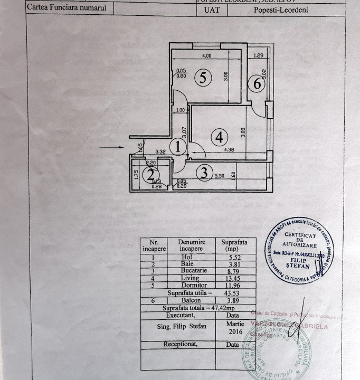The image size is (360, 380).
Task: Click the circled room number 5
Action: pyautogui.click(x=203, y=78)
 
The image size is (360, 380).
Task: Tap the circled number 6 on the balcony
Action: pyautogui.click(x=257, y=83)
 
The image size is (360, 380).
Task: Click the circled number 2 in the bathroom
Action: pyautogui.click(x=151, y=174)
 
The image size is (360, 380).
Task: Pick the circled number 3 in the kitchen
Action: pyautogui.click(x=203, y=172)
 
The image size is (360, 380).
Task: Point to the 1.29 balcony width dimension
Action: pyautogui.click(x=258, y=55)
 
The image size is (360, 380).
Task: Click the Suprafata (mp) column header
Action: pyautogui.click(x=232, y=245)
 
